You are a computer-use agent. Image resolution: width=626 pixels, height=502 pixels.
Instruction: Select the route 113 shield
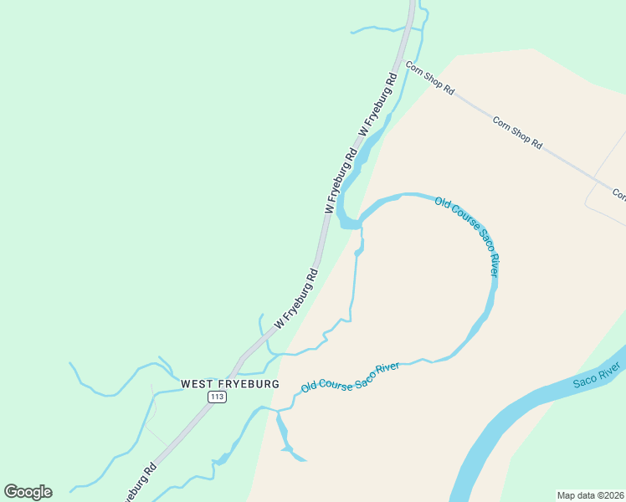tap(217, 396)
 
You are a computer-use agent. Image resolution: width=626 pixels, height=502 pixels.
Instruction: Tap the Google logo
tap(28, 492)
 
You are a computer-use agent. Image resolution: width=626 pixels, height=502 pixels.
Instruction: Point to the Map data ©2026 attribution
tap(589, 495)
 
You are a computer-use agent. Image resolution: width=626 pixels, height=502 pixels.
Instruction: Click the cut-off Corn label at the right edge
tap(618, 194)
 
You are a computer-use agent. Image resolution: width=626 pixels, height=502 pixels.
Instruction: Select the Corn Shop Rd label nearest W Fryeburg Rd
tap(429, 77)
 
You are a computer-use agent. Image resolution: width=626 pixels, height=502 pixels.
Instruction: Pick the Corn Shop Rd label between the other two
tap(517, 132)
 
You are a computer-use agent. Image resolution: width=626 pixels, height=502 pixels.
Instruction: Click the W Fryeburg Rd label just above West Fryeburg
tap(296, 298)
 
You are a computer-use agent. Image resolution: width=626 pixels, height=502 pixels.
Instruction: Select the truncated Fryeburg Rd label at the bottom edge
tap(139, 484)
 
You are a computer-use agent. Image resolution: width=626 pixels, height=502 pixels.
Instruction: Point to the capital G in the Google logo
tap(12, 491)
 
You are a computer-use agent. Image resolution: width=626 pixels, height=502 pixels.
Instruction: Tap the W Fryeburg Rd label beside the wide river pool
tap(341, 181)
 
